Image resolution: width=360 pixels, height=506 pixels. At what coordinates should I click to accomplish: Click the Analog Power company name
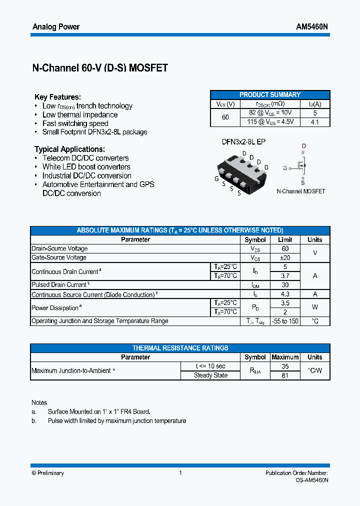(55, 26)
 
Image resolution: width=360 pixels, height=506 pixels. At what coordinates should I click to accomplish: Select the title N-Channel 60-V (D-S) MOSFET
(100, 68)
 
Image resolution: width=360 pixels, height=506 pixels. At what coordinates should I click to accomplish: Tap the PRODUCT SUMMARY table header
(270, 94)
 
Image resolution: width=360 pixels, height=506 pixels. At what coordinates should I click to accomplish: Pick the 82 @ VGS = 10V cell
(270, 113)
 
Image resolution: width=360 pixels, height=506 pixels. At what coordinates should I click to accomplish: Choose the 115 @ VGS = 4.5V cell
(270, 121)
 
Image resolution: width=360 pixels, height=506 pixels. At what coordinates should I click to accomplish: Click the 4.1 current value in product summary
(314, 121)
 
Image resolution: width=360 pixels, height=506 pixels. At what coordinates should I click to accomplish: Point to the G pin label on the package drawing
(216, 178)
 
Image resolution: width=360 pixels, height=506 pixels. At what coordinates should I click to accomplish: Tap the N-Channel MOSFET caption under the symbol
(301, 191)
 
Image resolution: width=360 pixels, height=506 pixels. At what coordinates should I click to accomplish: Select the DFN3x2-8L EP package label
(243, 142)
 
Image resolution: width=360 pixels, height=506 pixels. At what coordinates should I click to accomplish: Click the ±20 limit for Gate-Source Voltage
(285, 257)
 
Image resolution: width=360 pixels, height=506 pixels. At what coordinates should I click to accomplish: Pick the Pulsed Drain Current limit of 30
(285, 285)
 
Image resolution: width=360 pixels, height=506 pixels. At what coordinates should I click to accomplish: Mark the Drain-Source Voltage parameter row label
(59, 248)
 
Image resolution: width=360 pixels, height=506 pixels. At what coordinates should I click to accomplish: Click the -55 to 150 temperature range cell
(285, 321)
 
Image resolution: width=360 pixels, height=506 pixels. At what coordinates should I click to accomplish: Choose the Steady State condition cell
(210, 375)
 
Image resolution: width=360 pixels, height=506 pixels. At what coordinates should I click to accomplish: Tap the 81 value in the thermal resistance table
(285, 375)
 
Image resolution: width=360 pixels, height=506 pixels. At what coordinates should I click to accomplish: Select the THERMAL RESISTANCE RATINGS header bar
(180, 348)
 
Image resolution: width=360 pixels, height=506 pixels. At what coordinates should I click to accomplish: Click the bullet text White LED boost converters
(86, 167)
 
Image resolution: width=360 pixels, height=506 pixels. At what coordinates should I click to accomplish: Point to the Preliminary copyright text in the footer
(48, 473)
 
